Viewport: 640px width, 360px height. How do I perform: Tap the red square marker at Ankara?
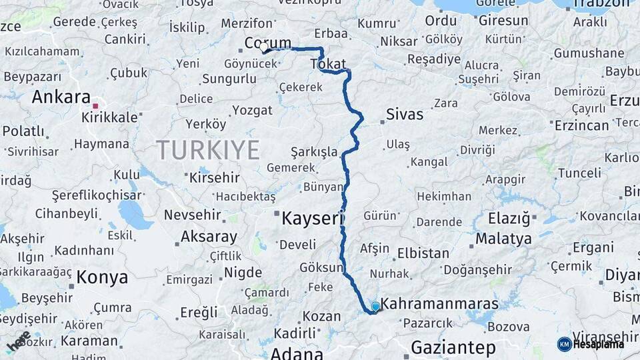coord(95,105)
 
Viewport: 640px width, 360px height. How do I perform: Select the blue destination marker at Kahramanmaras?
coord(375,307)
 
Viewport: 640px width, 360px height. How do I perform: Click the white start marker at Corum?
coord(264,48)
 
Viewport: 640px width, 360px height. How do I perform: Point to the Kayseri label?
coord(312,218)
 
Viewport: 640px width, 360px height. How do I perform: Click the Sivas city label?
coord(405,115)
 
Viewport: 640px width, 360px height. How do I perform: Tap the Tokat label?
coord(328,64)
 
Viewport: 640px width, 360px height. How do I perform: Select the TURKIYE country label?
coord(207,150)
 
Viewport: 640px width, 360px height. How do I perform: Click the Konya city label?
coord(102,277)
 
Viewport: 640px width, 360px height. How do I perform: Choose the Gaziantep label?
coord(453,347)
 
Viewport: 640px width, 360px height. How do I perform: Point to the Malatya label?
coord(504,239)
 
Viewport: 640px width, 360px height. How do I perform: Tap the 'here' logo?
coord(17,341)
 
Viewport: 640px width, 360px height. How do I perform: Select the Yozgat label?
coord(254,111)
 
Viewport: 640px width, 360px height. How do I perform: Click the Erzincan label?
coord(581,125)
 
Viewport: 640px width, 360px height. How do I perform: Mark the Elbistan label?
coord(423,253)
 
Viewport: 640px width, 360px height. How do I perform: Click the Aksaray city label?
coord(209,237)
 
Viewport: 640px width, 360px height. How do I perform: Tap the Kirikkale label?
coord(109,117)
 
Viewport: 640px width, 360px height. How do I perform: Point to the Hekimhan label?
coord(444,197)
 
